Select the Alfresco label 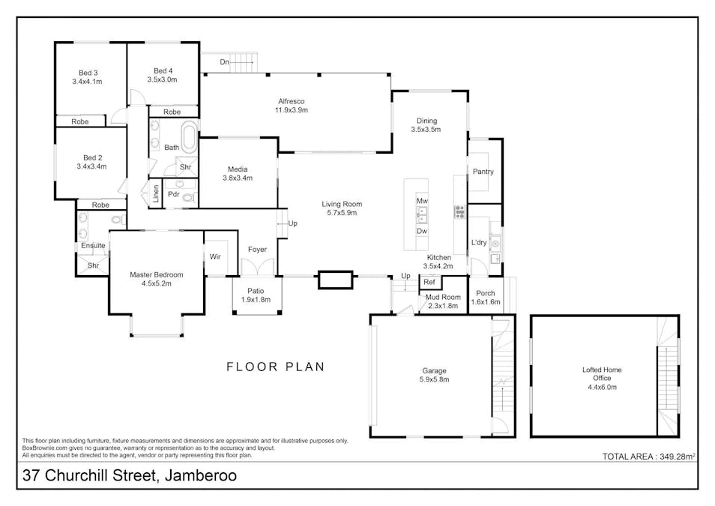coord(291,101)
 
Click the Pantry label coord(483,172)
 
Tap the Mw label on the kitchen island coord(422,201)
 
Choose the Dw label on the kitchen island coord(422,231)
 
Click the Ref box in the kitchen coord(429,283)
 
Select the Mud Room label coord(442,298)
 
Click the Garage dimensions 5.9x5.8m coord(434,379)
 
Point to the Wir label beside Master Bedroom coord(215,256)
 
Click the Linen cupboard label coord(156,194)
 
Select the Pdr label coord(173,194)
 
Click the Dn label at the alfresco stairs coord(224,62)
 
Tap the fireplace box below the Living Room coord(334,280)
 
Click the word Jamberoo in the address coord(198,475)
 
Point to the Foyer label coord(257,250)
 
